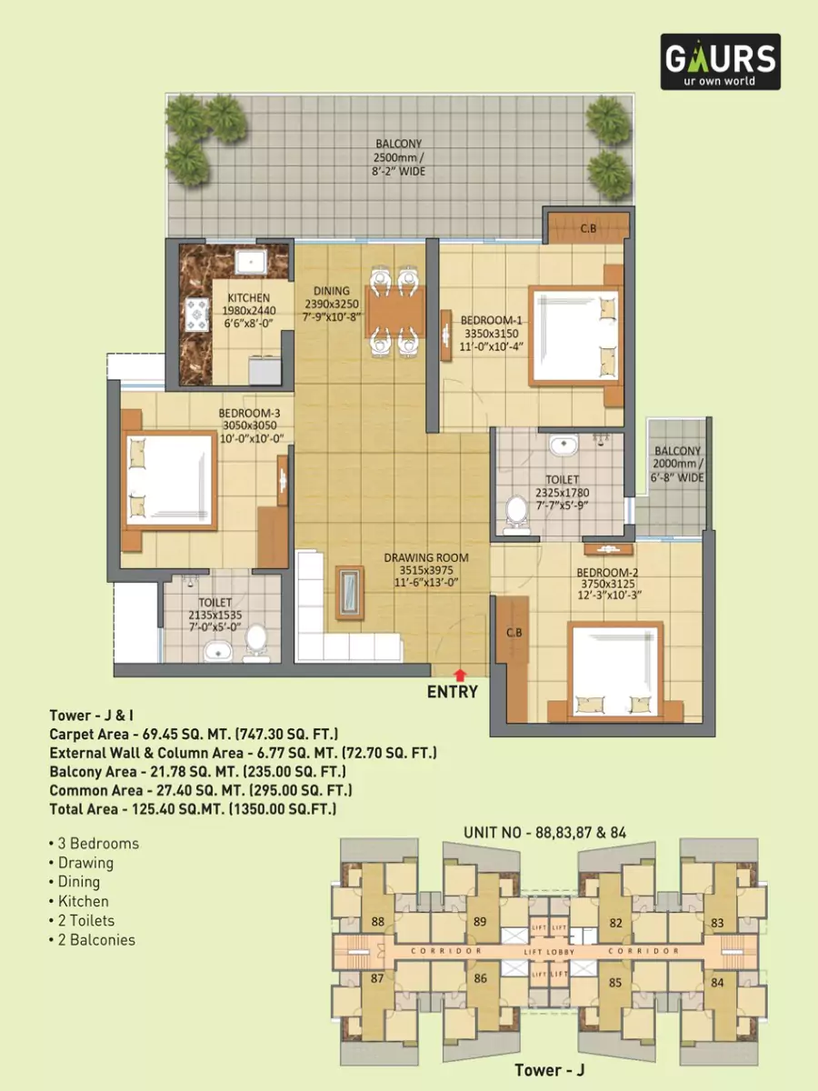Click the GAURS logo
click(x=719, y=62)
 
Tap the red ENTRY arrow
click(x=461, y=674)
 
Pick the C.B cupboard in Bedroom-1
click(x=588, y=228)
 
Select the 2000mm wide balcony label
click(x=677, y=464)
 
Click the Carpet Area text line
click(x=194, y=735)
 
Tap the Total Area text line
click(x=193, y=808)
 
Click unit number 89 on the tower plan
click(x=480, y=922)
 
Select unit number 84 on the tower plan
click(x=718, y=982)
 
